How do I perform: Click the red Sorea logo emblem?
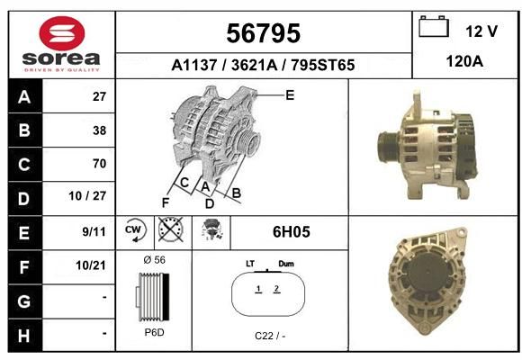pos(62,33)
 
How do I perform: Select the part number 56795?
pos(264,33)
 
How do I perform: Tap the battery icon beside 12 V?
pos(434,26)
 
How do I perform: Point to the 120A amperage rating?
pos(464,61)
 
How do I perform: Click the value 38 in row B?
pos(100,130)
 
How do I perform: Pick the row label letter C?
pos(24,165)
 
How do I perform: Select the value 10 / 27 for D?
pos(87,196)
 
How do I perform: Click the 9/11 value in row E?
pos(94,231)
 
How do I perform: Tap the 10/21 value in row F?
pos(91,265)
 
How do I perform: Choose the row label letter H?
pos(23,336)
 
